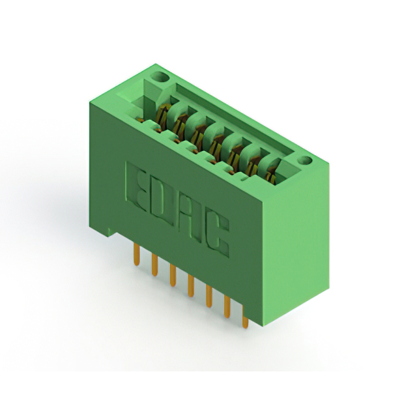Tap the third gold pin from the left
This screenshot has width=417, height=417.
(x=173, y=276)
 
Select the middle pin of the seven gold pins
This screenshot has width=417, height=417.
(x=191, y=286)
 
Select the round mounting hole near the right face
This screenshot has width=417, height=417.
(x=304, y=161)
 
